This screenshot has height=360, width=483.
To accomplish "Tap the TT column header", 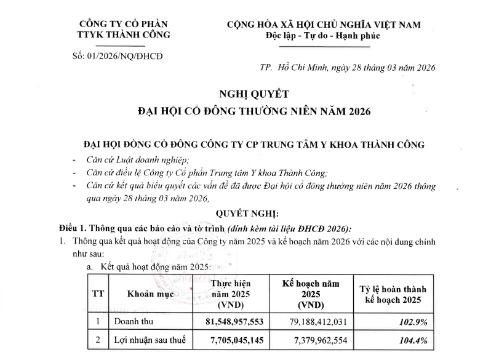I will click(x=97, y=294).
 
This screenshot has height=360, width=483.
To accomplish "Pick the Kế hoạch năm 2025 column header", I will click(x=311, y=294).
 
